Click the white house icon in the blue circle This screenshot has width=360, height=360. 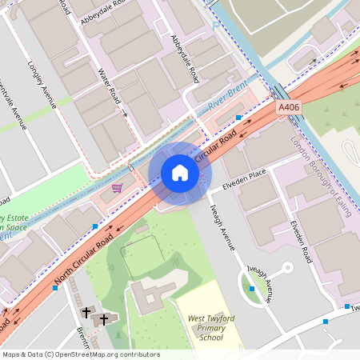(x=180, y=173)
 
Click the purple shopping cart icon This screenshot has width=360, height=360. (x=118, y=188)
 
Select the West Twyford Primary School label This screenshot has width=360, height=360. (x=210, y=328)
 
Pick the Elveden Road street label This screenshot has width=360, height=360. (x=302, y=242)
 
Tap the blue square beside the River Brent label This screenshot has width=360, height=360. (x=238, y=118)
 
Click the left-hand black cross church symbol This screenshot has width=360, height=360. (x=86, y=311)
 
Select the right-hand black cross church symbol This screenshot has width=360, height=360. (x=102, y=319)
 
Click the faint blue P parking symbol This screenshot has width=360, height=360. (x=215, y=24)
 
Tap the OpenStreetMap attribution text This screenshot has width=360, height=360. (x=80, y=354)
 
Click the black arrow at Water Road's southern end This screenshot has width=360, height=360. (x=126, y=114)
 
